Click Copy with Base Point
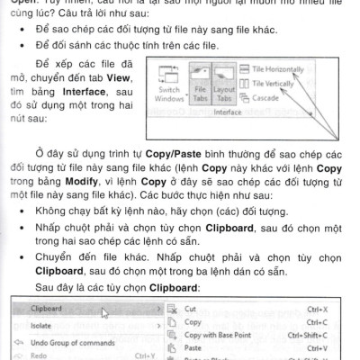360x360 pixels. pyautogui.click(x=220, y=335)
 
